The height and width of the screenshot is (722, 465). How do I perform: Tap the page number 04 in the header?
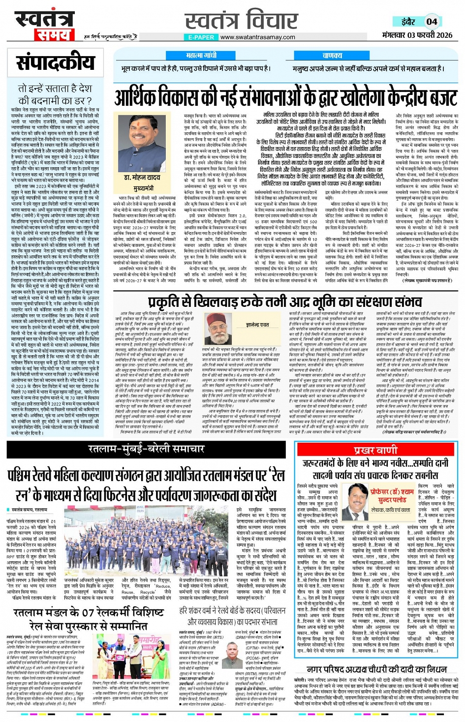click(432, 21)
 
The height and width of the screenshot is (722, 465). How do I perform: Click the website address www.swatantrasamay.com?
click(257, 37)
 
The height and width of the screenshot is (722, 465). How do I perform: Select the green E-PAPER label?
click(201, 37)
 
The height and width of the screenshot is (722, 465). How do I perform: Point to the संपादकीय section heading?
click(55, 62)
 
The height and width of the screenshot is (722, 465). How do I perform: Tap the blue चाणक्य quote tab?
click(332, 56)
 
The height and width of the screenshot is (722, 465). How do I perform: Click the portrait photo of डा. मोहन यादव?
click(141, 143)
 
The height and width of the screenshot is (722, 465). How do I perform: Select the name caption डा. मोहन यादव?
click(142, 178)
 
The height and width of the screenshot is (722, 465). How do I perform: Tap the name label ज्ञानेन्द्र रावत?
click(257, 325)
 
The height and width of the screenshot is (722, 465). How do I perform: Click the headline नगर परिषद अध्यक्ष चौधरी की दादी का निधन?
click(376, 669)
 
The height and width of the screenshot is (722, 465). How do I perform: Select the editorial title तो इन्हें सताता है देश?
click(55, 89)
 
